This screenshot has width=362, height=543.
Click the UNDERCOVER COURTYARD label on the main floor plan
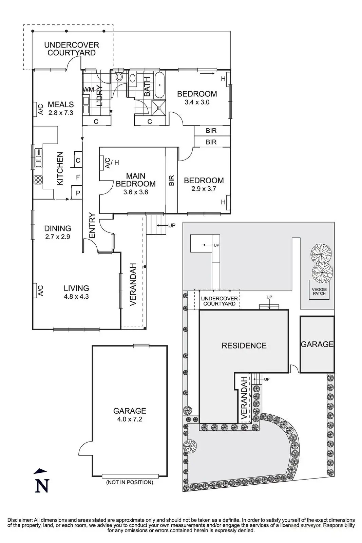72,49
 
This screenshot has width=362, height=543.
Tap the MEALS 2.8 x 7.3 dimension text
61,113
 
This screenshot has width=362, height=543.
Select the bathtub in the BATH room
160,85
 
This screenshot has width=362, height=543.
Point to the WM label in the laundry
88,89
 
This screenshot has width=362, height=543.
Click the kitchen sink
38,158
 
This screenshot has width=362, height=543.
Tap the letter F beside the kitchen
78,177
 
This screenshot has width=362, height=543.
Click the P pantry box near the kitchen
77,192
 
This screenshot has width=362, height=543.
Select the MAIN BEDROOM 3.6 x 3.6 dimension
136,192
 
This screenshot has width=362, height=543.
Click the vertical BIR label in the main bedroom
172,180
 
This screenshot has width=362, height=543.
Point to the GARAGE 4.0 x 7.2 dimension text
130,419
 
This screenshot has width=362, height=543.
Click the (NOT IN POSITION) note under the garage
130,482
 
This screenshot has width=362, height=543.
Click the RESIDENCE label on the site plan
244,345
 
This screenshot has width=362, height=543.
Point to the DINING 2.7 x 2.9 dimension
58,237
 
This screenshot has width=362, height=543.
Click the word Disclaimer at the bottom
20,520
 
